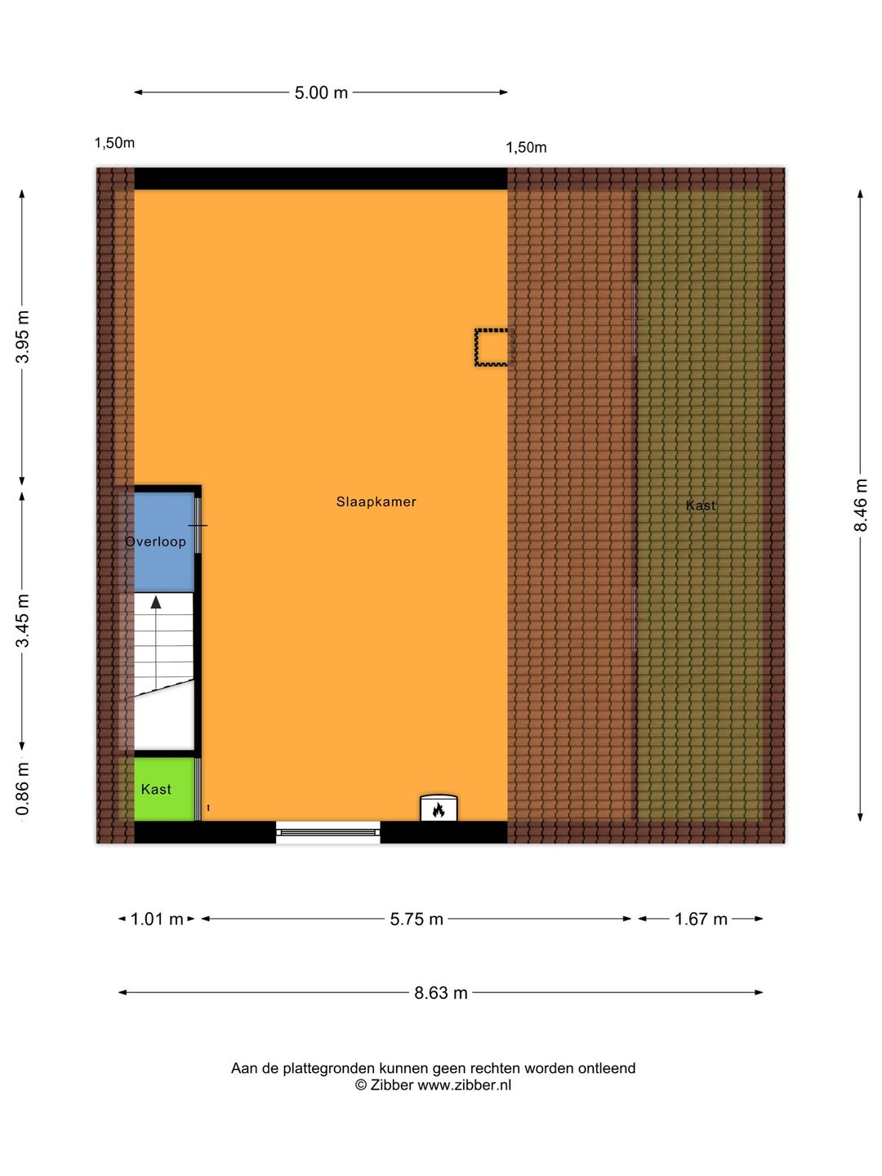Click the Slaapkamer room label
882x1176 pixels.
point(376,502)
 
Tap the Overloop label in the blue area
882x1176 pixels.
point(156,541)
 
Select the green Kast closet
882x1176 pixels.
point(164,789)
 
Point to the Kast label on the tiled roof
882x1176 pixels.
point(701,506)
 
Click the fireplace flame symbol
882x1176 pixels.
point(439,809)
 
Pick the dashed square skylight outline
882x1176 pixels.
point(492,348)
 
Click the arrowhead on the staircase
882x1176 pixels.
point(156,602)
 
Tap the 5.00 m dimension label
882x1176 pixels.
point(321,92)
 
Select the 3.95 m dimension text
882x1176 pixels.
point(23,337)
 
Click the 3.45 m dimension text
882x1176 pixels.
point(23,621)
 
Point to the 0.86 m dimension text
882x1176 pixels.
point(23,789)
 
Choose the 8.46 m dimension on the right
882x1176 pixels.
point(860,506)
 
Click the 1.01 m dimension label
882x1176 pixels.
point(157,920)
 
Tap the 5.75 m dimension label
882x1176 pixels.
point(416,920)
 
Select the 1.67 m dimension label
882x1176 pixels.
point(701,920)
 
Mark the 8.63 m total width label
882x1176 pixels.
point(441,993)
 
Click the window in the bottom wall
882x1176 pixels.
point(327,832)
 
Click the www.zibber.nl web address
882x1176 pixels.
point(465,1085)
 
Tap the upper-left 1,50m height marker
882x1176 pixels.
point(114,143)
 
